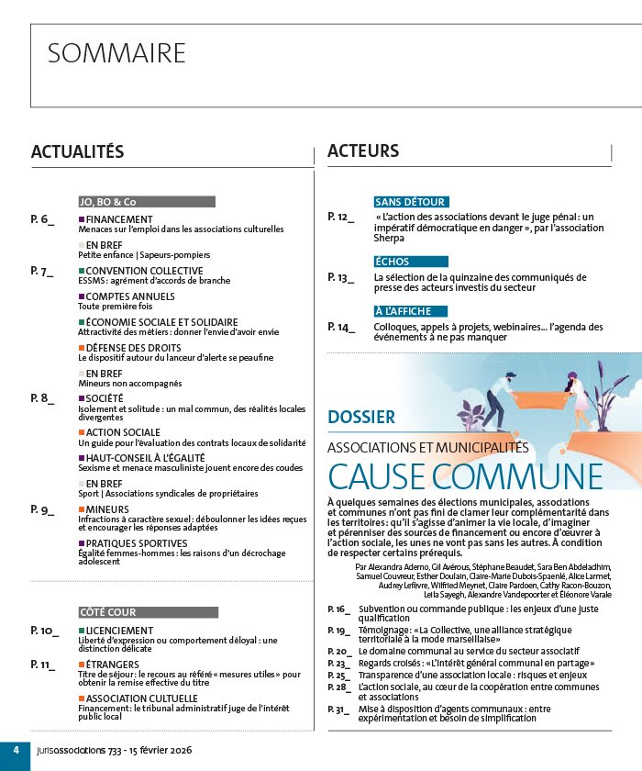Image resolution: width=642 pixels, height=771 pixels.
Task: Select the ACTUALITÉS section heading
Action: click(77, 151)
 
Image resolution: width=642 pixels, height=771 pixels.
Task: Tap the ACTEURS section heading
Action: click(363, 151)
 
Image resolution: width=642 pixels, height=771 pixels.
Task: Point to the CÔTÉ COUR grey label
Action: click(107, 612)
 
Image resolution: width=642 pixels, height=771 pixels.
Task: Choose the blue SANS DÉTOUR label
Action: click(410, 202)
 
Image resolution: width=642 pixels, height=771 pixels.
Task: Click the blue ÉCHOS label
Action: click(393, 262)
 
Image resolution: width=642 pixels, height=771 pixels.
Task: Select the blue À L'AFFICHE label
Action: click(403, 311)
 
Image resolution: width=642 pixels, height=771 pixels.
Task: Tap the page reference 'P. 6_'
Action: click(42, 219)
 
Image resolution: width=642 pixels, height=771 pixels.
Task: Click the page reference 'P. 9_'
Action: click(42, 508)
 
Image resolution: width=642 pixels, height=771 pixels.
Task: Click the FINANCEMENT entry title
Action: click(119, 220)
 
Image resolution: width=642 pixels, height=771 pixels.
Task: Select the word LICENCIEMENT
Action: click(120, 631)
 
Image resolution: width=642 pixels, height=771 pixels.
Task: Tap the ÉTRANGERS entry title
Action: click(113, 665)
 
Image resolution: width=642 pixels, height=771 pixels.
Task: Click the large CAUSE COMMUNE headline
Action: click(465, 477)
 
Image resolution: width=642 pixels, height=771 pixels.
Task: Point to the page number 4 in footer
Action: click(16, 751)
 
